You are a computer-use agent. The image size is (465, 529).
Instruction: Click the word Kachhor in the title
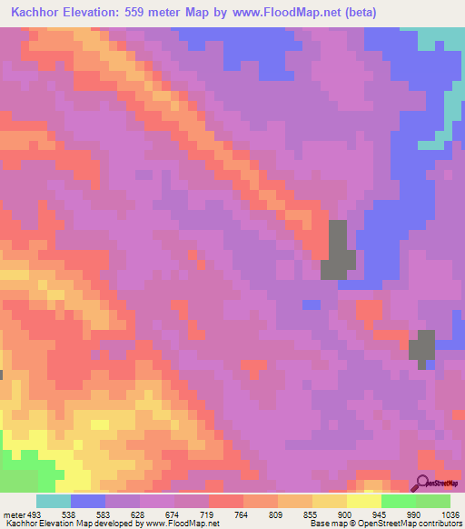point(41,14)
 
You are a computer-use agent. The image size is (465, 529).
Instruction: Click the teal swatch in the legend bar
point(54,501)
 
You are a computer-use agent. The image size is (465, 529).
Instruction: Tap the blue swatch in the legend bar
point(88,501)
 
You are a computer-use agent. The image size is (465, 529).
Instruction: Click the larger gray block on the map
point(338,251)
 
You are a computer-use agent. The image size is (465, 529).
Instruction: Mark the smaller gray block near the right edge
point(422,347)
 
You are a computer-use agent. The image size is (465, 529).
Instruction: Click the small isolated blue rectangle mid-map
point(311,304)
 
